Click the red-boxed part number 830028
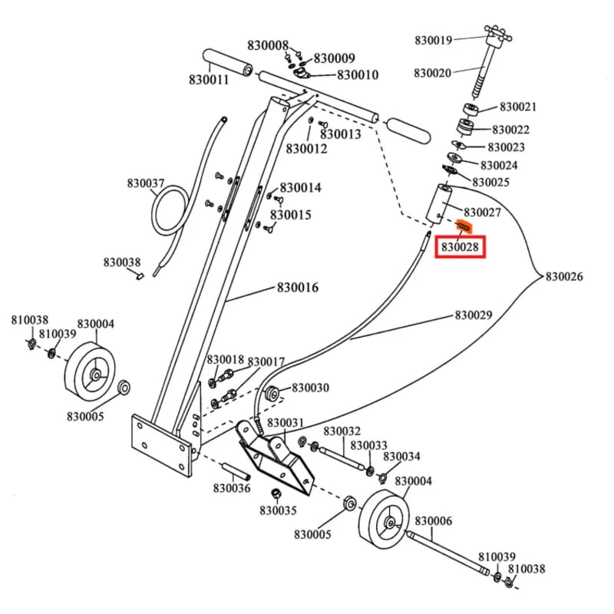pyautogui.click(x=460, y=248)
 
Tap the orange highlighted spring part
pyautogui.click(x=464, y=228)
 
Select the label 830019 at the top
pyautogui.click(x=434, y=40)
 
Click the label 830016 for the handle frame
pyautogui.click(x=298, y=289)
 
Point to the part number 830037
pyautogui.click(x=146, y=183)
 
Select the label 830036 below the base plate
pyautogui.click(x=232, y=487)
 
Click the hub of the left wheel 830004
pyautogui.click(x=95, y=375)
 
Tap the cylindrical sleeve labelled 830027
pyautogui.click(x=441, y=203)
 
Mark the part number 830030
pyautogui.click(x=310, y=388)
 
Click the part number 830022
pyautogui.click(x=511, y=130)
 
